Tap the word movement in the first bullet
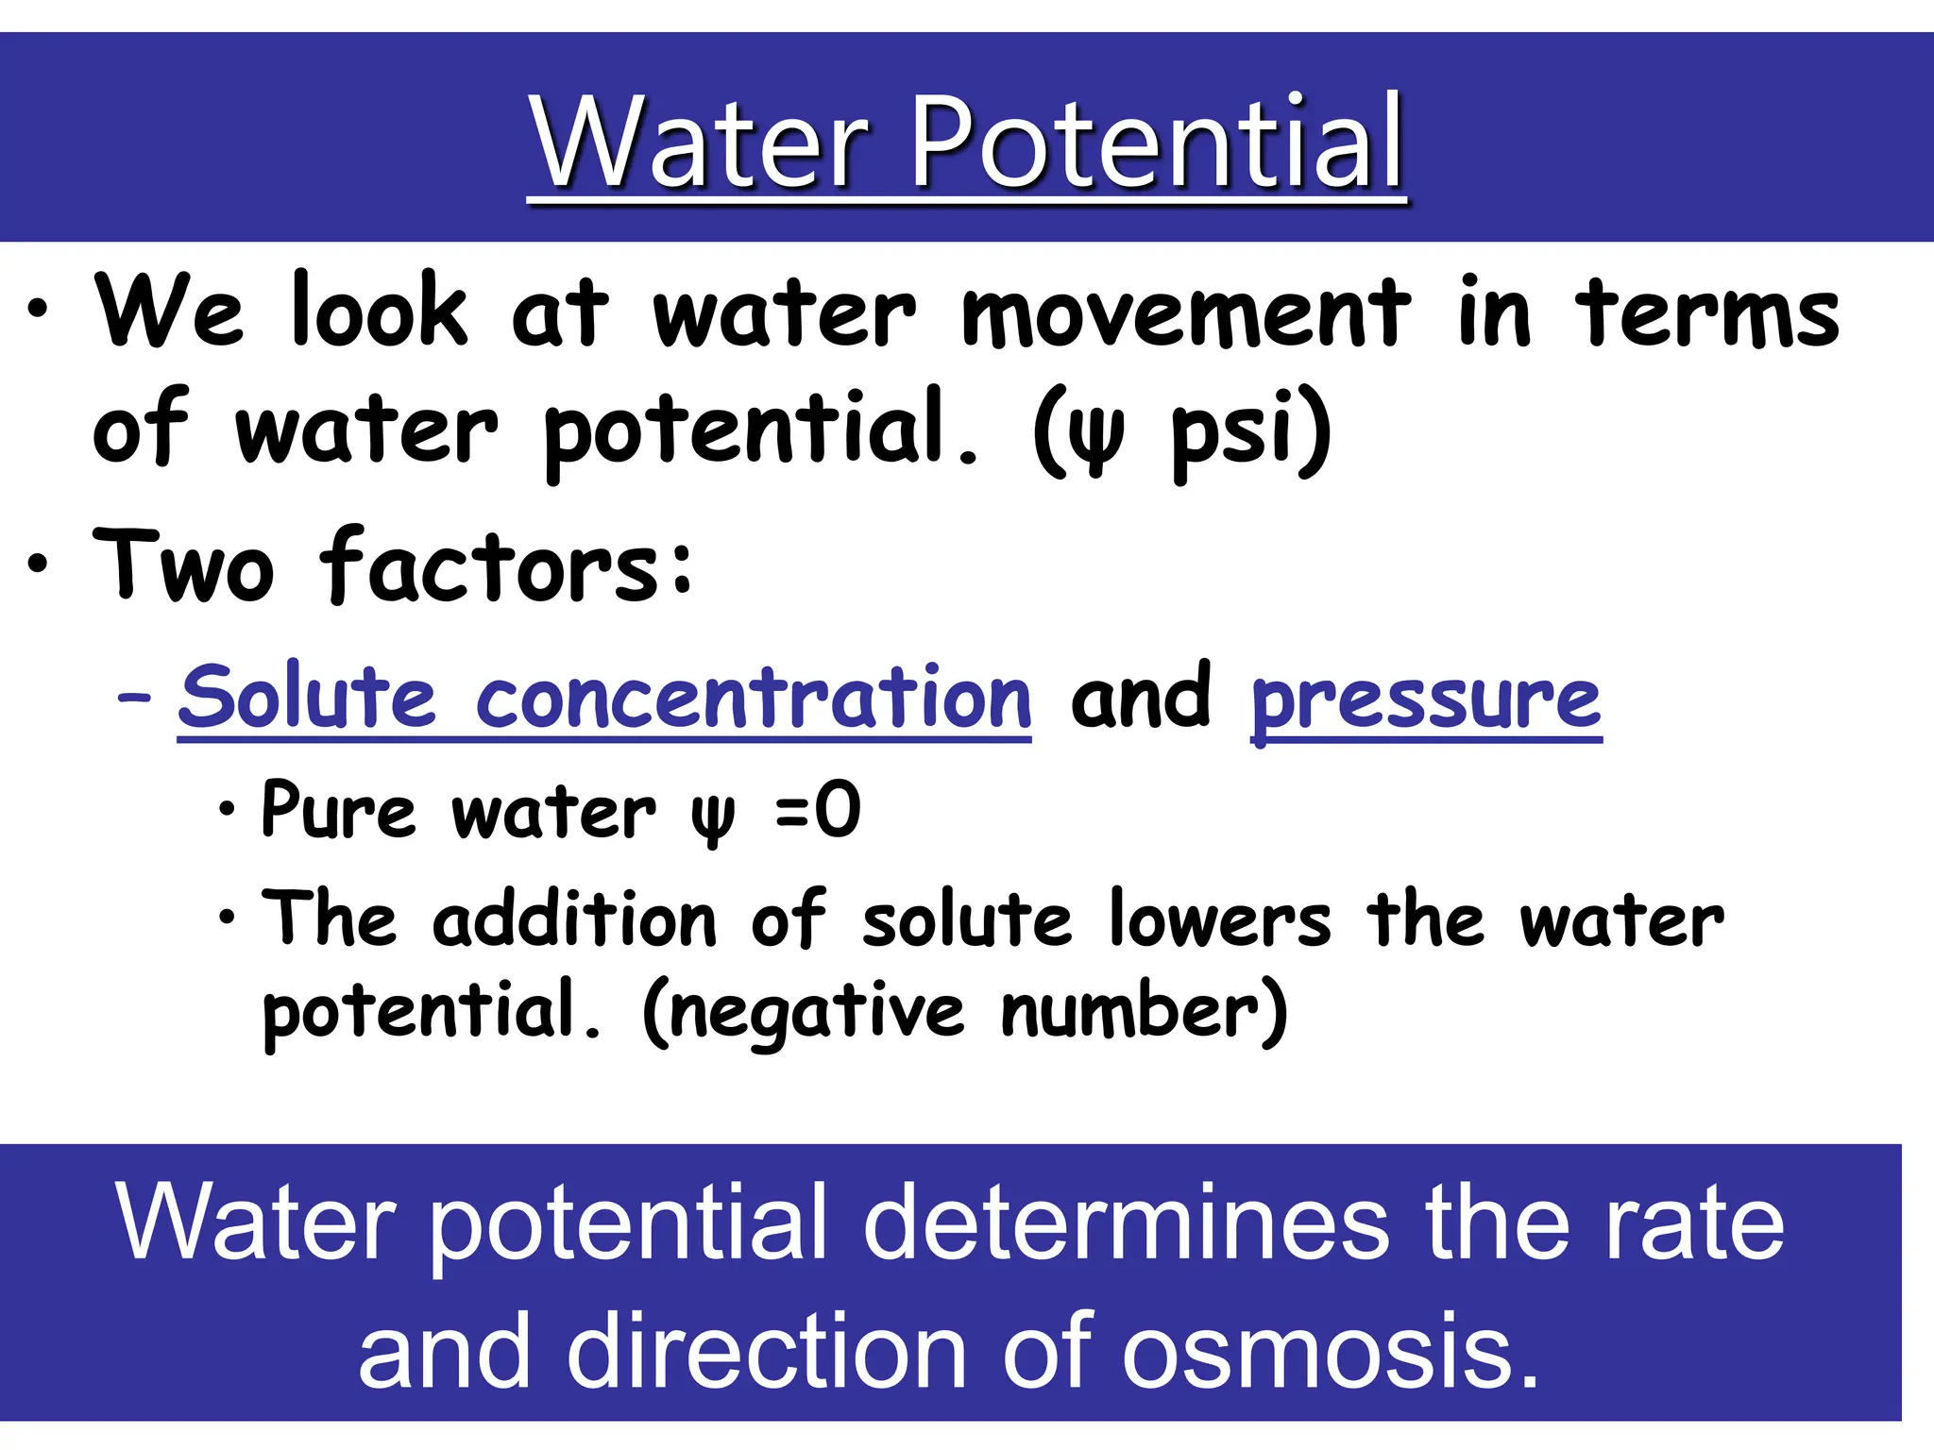coord(1185,313)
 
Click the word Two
coord(184,566)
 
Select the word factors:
coord(508,566)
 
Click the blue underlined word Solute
coord(307,699)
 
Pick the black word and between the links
coord(1141,699)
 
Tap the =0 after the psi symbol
coord(818,810)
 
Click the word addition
coord(574,920)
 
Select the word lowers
coord(1219,920)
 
